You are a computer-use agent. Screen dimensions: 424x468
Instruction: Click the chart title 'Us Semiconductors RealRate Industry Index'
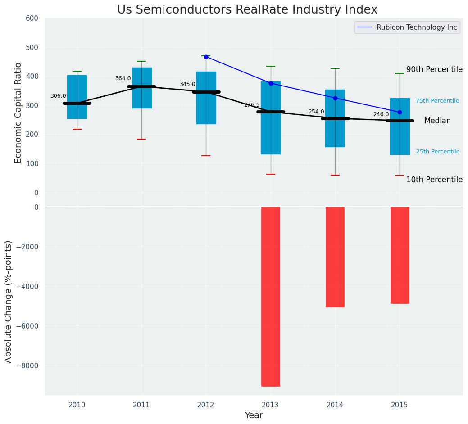point(247,10)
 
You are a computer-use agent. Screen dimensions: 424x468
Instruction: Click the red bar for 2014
point(335,257)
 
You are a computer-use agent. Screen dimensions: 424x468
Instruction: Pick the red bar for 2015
point(400,255)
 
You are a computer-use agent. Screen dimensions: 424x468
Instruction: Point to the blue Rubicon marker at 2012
point(206,57)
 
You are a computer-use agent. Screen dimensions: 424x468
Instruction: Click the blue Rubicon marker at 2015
point(400,112)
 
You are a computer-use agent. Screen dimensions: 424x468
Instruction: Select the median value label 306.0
point(58,96)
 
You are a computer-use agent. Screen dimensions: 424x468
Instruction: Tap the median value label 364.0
point(123,78)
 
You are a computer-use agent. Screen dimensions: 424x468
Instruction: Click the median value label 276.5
point(252,105)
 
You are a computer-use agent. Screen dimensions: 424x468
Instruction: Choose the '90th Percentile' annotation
point(434,69)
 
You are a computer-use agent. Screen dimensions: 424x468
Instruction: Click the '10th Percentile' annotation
point(434,180)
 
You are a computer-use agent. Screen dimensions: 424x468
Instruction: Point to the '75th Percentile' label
point(437,101)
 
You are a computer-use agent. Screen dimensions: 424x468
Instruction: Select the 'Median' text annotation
point(437,121)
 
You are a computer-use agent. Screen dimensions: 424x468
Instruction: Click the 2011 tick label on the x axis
point(141,405)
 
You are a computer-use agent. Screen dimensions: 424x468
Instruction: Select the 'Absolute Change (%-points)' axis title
point(9,301)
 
